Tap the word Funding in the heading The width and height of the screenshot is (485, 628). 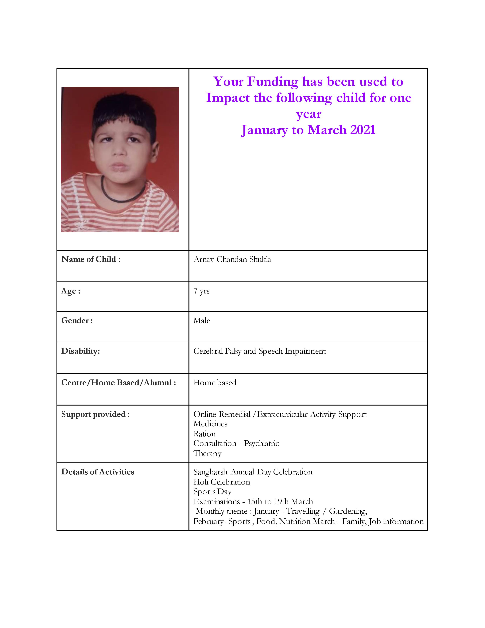coord(273,82)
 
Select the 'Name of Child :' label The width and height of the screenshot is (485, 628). coord(91,259)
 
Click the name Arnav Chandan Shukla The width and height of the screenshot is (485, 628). coord(232,259)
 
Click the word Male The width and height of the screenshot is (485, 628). coord(202,321)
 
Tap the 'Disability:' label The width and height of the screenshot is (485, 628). coord(80,351)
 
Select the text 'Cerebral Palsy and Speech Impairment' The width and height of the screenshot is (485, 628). coord(259,351)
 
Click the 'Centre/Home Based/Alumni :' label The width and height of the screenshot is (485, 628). coord(118,383)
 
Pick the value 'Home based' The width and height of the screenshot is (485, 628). coord(215,383)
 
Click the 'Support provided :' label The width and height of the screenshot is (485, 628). coord(95,414)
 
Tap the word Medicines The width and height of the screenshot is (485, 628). coord(210,424)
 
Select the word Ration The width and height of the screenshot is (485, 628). coord(204,434)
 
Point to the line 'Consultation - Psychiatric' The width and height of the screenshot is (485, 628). coord(236,443)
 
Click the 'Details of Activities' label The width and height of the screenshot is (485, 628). coord(98,472)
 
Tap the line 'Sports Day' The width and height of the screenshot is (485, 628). coord(212,492)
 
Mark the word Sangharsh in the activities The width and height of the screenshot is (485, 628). coord(210,472)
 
